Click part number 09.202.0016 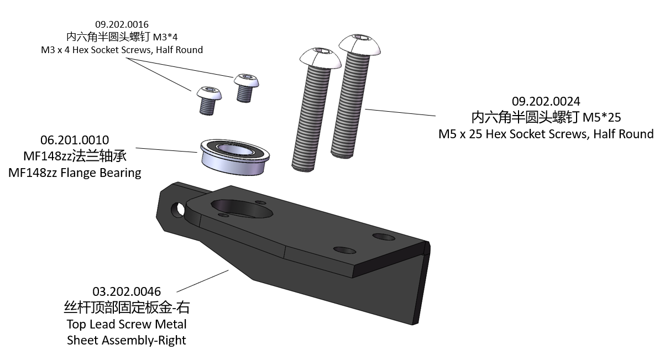(x=122, y=24)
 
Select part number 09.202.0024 (x=546, y=102)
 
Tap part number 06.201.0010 (x=75, y=140)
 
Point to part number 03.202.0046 (x=127, y=291)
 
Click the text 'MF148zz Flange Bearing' (x=75, y=173)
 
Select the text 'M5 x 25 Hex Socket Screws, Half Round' (x=546, y=134)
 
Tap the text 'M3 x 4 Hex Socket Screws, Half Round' (x=122, y=50)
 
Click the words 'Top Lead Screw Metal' (x=127, y=324)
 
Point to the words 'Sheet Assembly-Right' (x=127, y=340)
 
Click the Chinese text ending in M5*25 (x=546, y=118)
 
